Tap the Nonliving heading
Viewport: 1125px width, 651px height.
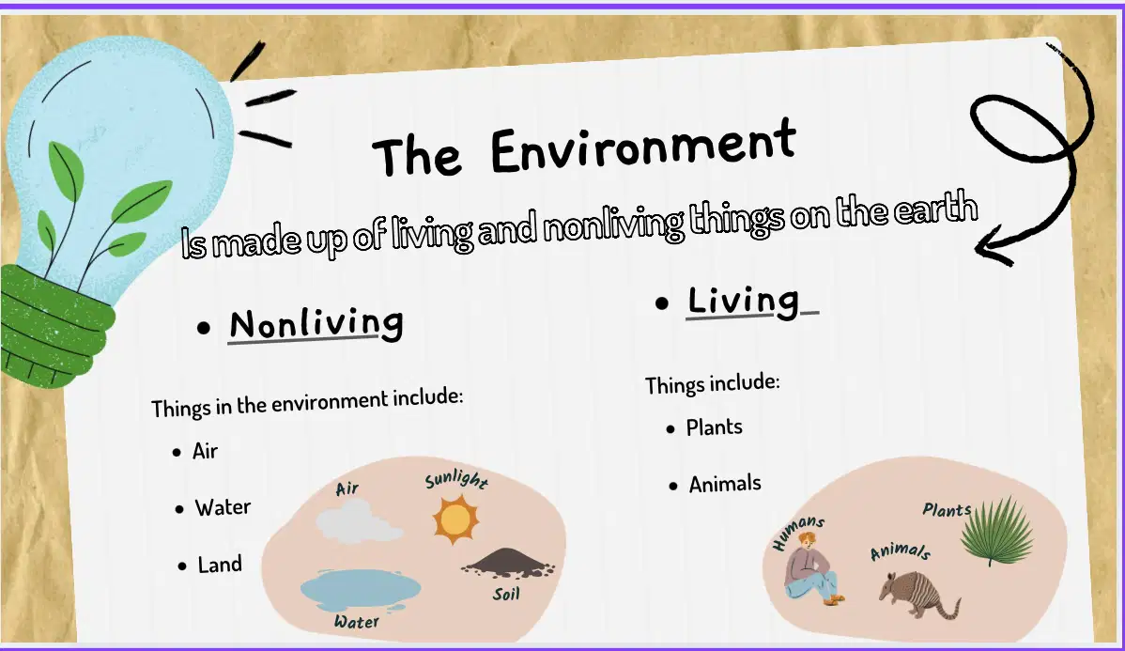point(316,324)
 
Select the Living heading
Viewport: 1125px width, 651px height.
point(744,300)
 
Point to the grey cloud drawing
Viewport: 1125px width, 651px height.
point(359,521)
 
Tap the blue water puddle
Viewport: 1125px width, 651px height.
point(361,590)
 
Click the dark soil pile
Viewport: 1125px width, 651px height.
point(509,563)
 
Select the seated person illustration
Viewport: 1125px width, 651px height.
point(812,568)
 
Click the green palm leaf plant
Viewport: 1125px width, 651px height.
point(997,531)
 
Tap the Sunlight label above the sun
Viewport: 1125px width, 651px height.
point(456,479)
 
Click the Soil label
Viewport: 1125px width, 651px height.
point(506,594)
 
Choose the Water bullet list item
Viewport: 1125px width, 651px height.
point(223,507)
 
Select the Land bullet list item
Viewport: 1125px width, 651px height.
point(220,565)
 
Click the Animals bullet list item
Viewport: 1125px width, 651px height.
point(725,485)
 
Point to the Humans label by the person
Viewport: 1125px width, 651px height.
point(798,532)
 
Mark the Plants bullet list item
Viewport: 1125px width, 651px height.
point(714,427)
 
